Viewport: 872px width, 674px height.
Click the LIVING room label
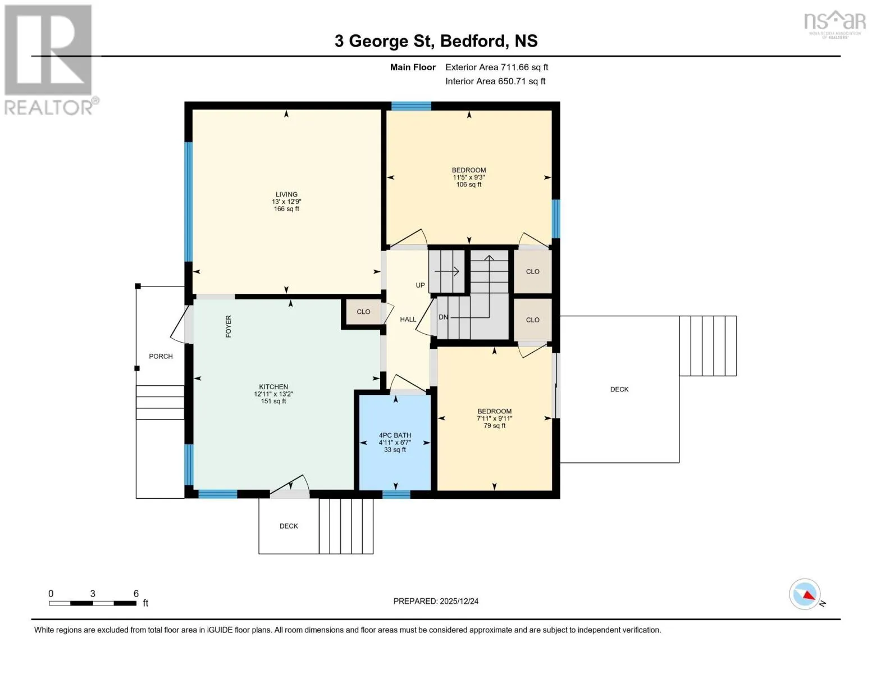286,194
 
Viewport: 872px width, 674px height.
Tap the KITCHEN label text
273,387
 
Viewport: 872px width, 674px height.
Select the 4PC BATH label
395,435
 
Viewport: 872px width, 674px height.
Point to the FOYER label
229,326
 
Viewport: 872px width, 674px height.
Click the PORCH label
161,357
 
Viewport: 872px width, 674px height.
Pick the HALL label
408,320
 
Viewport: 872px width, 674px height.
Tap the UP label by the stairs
420,285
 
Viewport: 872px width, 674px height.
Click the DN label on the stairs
443,317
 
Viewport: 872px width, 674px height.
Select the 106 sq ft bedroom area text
469,185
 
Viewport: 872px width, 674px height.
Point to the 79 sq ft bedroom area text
494,426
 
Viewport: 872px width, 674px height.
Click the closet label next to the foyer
364,312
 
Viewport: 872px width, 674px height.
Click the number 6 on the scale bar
136,594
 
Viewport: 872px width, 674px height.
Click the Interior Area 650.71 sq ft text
495,81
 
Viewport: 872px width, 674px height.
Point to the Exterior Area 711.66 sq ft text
496,67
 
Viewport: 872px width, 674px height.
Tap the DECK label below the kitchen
289,526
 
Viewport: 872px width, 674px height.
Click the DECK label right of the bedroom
619,389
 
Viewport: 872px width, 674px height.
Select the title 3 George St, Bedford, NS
436,41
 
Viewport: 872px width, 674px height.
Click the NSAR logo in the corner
835,24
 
